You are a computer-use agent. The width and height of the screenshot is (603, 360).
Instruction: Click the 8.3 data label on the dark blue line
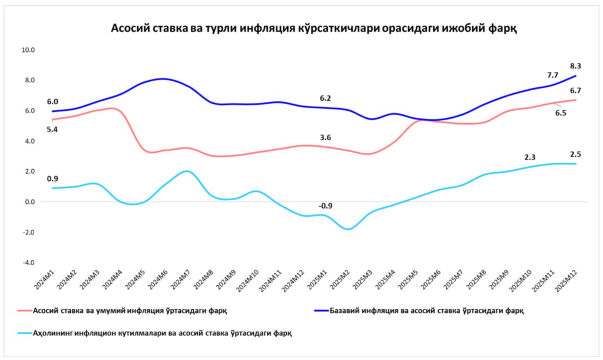click(577, 66)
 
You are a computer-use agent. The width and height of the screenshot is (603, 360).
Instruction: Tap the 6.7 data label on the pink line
click(577, 90)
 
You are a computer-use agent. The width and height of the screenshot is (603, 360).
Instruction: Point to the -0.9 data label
click(326, 206)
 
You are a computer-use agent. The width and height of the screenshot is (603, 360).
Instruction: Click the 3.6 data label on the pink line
click(325, 137)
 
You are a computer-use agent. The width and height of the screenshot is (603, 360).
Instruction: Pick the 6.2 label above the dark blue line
click(325, 98)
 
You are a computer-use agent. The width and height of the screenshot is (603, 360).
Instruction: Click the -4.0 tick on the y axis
click(28, 263)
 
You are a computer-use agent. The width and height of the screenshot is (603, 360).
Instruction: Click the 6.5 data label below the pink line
click(561, 113)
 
